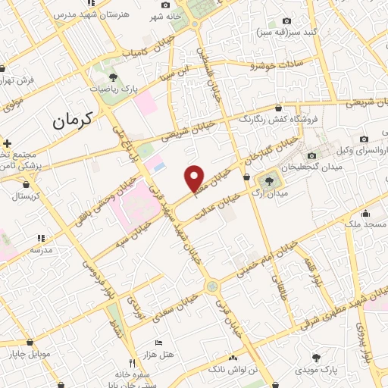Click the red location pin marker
coord(195,177)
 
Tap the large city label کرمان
coord(73,120)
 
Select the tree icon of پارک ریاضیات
coord(113,77)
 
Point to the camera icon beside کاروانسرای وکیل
coord(365,139)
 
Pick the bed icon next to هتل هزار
coord(158,343)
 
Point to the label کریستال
coord(29,196)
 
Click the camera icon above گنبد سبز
coord(286,21)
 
